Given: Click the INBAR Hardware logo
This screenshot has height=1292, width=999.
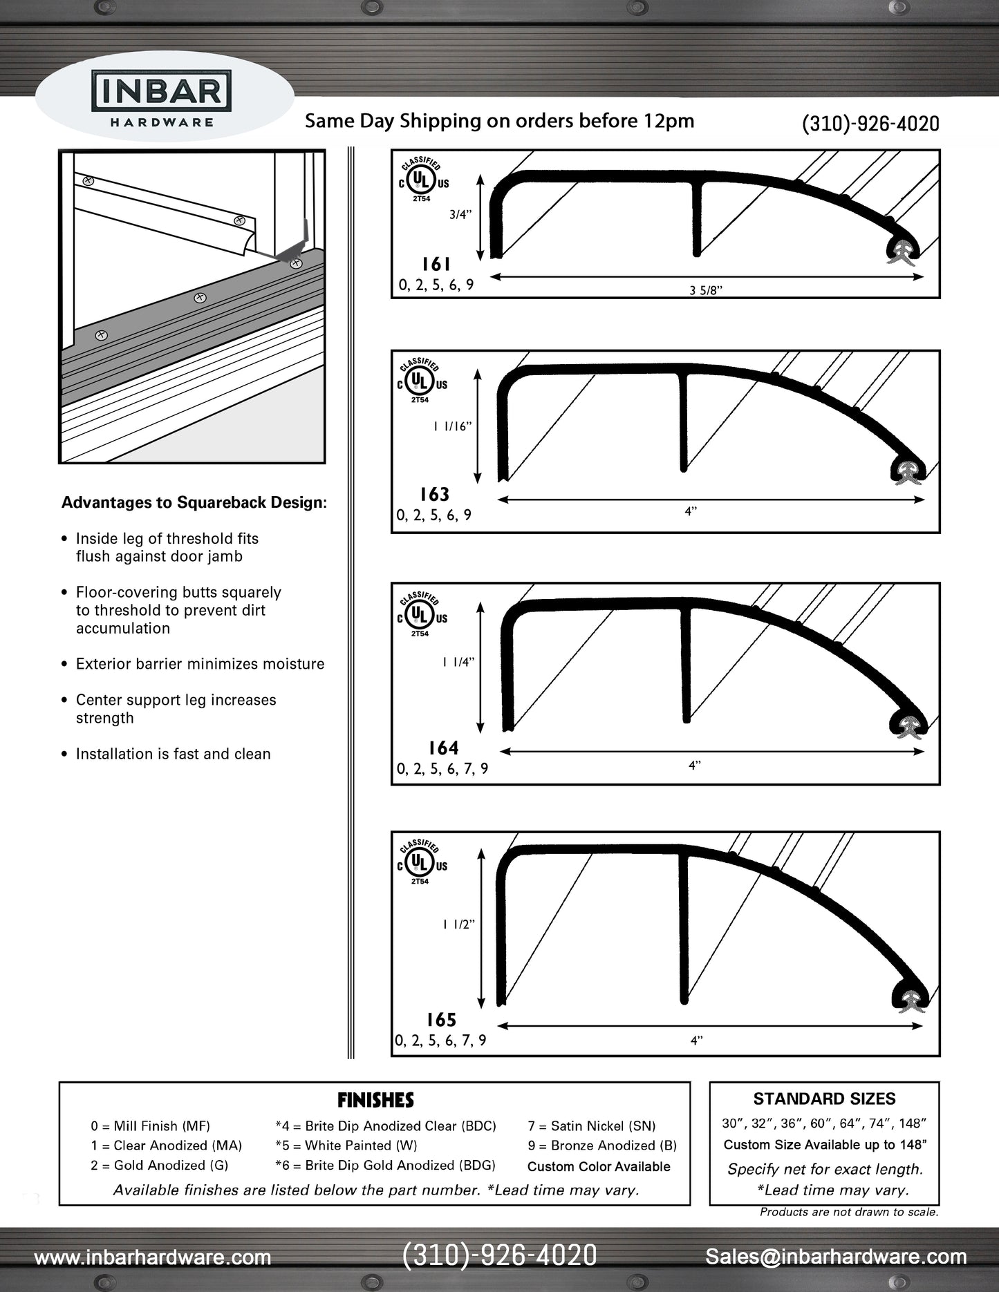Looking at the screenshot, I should tap(162, 98).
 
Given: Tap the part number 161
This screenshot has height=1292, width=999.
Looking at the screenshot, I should tap(436, 264).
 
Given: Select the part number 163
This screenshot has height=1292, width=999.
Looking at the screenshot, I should tap(434, 494).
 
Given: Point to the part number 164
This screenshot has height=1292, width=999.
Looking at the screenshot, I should tap(443, 748).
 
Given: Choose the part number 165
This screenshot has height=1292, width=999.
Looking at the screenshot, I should tap(441, 1020).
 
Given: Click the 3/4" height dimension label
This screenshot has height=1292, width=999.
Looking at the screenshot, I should tap(460, 214).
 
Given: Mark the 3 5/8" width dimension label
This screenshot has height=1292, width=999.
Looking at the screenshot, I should tap(705, 291).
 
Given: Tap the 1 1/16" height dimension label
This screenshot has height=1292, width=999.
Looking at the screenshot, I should tap(452, 427).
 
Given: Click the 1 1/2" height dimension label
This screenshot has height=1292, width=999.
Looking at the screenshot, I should tap(459, 924).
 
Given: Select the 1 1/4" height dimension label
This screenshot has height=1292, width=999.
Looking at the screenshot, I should tap(459, 663).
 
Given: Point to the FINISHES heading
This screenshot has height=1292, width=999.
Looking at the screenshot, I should tap(375, 1100).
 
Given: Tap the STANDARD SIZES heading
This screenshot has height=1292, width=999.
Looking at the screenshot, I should tap(824, 1099).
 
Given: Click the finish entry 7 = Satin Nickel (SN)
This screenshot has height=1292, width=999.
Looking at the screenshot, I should tap(592, 1126).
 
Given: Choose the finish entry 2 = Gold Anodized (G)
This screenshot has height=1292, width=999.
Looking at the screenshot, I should tap(159, 1166).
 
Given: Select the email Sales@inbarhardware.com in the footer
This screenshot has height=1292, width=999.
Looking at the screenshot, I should tap(836, 1257).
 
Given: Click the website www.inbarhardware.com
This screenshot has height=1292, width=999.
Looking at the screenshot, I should tap(153, 1257).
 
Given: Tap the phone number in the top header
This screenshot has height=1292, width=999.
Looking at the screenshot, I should tap(870, 124).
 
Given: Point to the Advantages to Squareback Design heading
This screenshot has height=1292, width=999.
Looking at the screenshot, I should tap(194, 502).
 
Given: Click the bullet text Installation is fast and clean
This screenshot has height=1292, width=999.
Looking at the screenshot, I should tap(173, 754).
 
